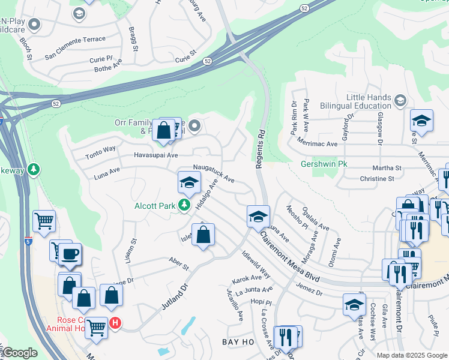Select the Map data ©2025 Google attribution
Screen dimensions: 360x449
tap(411, 355)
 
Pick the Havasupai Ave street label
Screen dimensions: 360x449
tap(156, 155)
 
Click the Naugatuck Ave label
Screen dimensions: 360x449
tap(213, 174)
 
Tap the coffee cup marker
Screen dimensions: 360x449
tap(70, 254)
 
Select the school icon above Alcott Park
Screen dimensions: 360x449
tap(189, 184)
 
